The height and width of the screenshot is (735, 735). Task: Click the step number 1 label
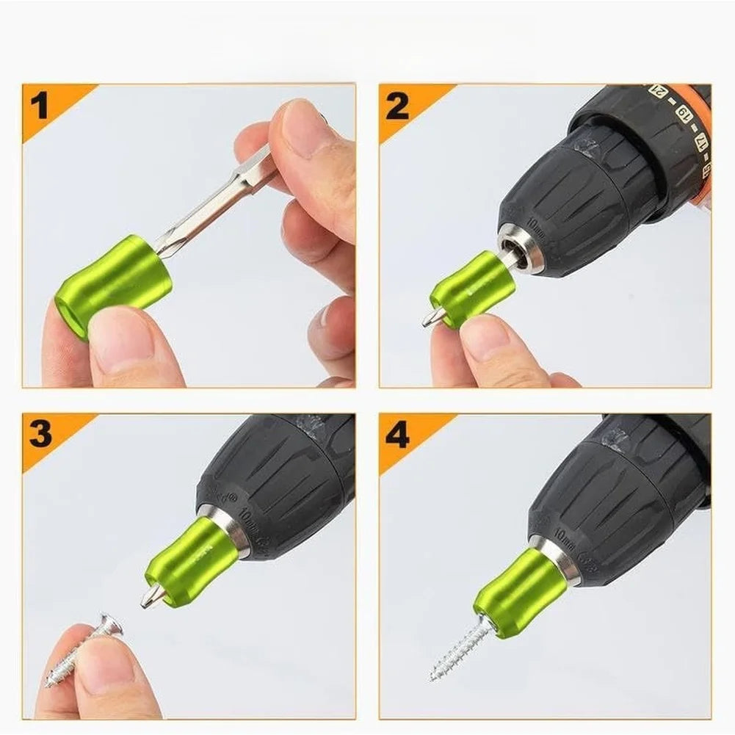point(39,106)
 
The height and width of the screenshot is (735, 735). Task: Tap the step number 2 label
point(397,106)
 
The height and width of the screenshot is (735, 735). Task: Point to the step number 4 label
point(397,435)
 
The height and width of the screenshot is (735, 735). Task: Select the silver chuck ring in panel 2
point(524,250)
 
